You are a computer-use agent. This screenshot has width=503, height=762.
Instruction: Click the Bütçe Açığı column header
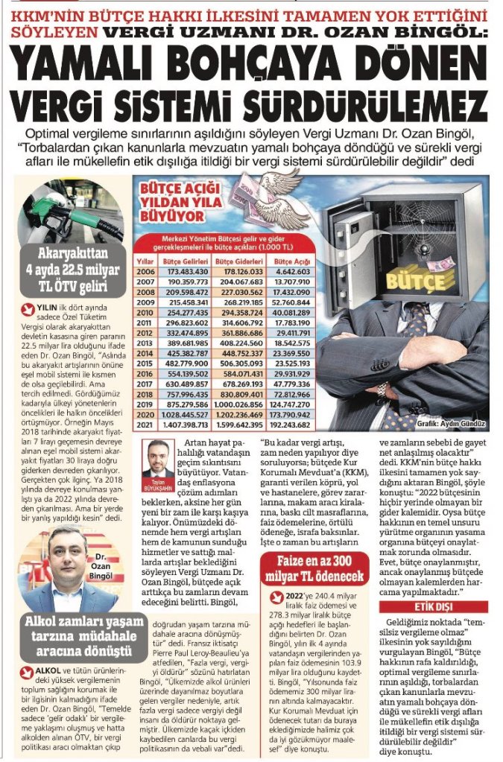point(292,262)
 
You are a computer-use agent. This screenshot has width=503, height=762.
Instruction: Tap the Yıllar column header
point(145,262)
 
